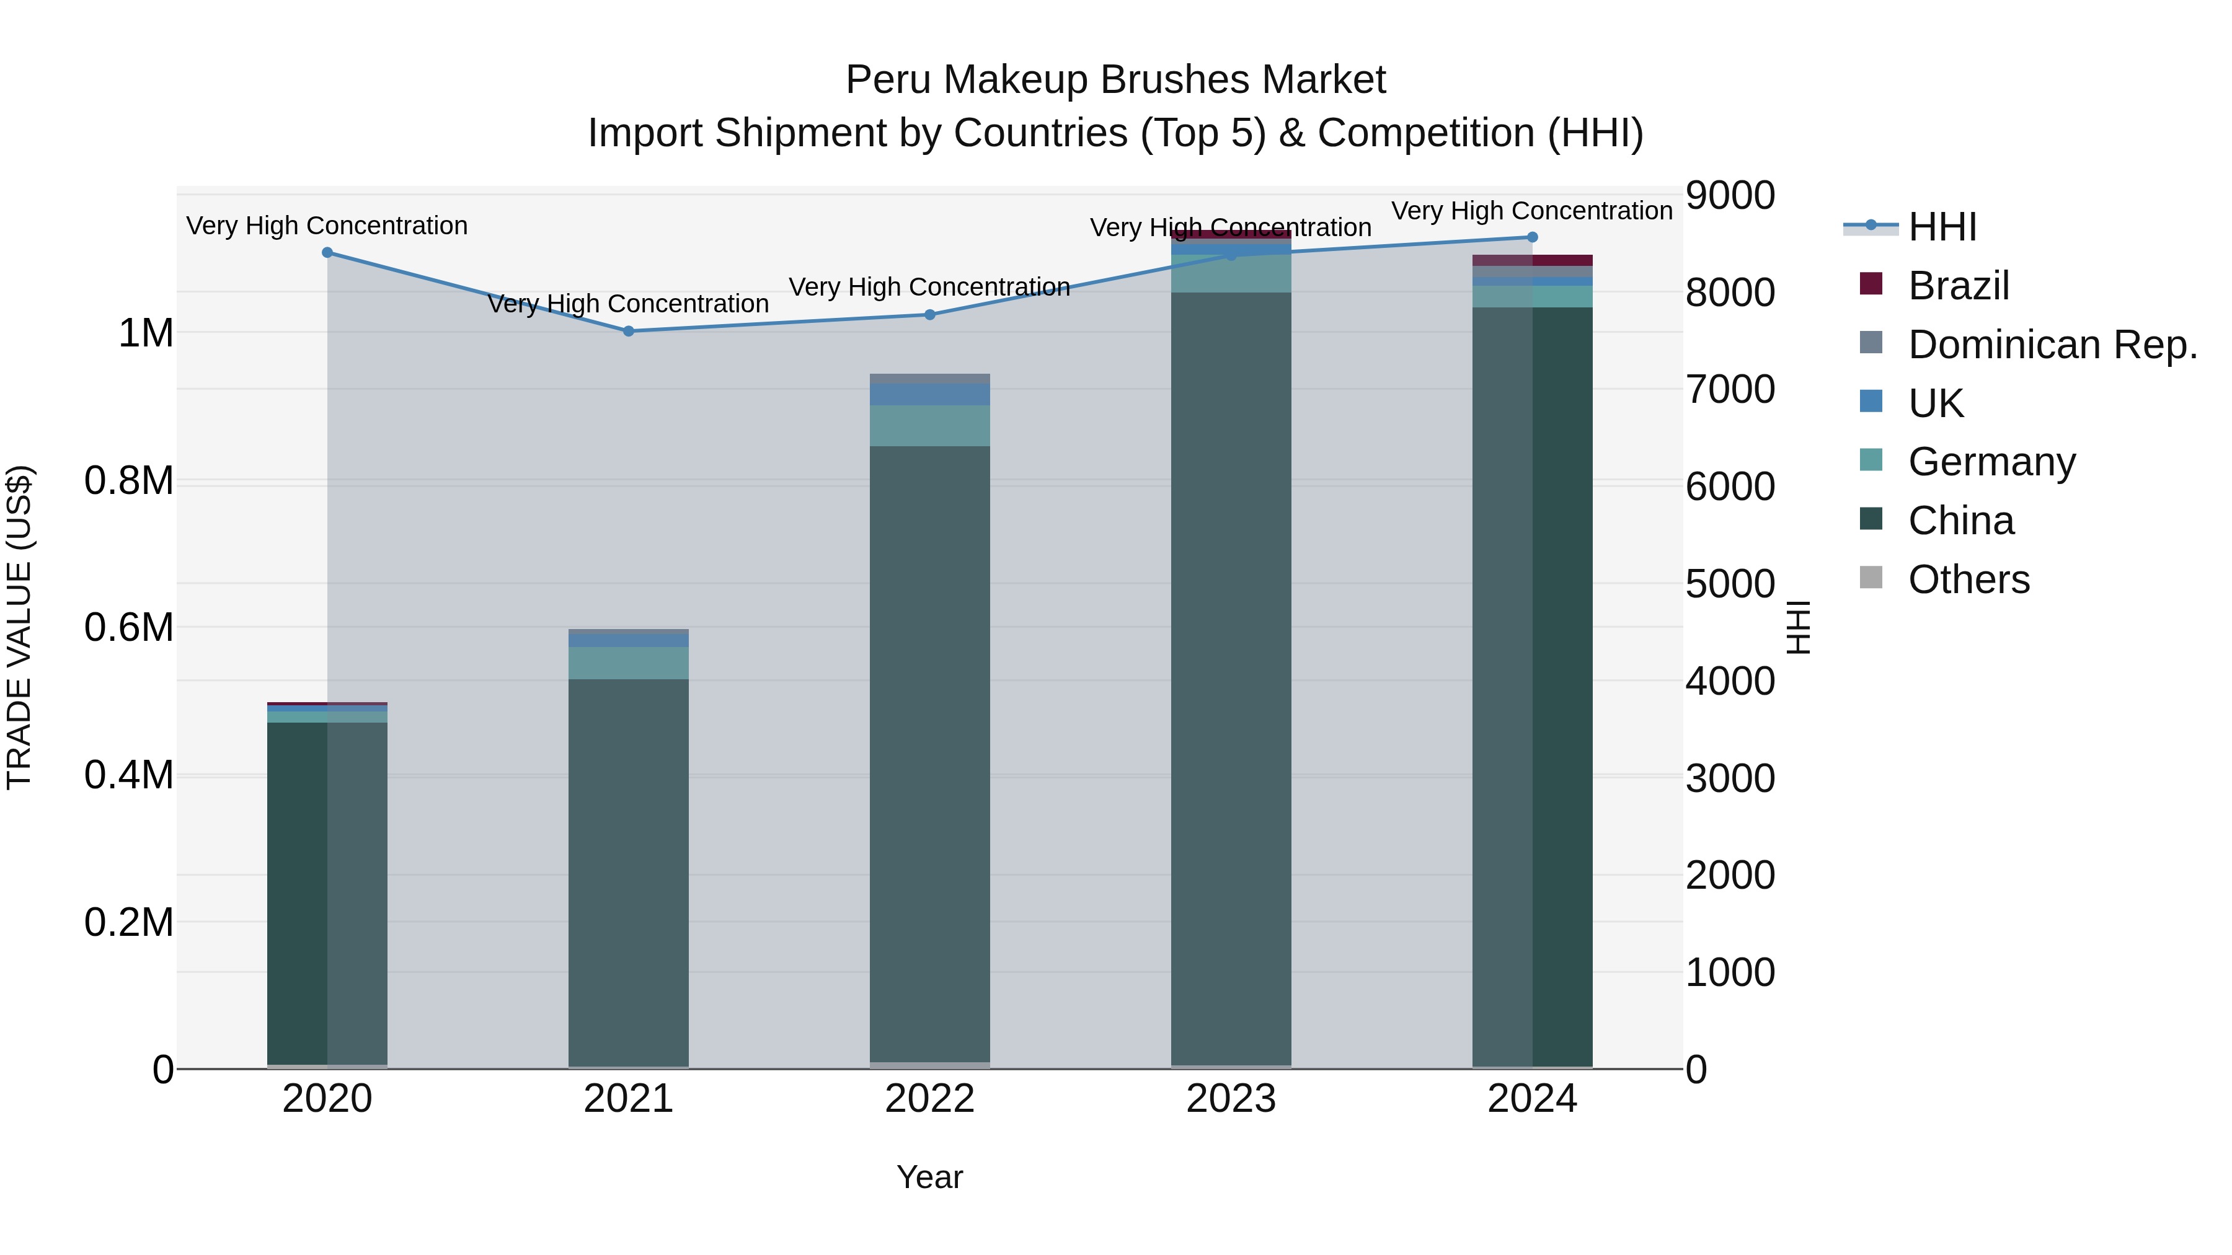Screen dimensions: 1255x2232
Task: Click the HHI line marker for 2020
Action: point(327,253)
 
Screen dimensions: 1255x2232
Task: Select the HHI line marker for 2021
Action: point(628,331)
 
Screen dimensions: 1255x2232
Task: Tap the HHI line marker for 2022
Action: point(930,314)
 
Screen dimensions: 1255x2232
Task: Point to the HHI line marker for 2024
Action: point(1532,237)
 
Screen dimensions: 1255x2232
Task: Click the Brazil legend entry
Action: point(1958,286)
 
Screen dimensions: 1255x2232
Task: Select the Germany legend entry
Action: point(1991,462)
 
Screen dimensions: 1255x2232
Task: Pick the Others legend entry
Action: point(1968,579)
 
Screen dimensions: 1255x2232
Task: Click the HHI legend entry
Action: point(1942,227)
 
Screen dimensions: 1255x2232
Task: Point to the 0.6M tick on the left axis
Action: point(129,627)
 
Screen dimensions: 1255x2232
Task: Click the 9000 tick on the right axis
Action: point(1729,196)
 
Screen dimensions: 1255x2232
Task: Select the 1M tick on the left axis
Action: point(146,333)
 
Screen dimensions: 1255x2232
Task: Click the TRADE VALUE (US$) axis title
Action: point(20,627)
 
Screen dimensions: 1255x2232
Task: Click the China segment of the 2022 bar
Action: point(930,754)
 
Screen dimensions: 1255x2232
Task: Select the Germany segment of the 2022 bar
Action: point(930,425)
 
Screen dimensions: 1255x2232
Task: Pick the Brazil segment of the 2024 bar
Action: point(1532,260)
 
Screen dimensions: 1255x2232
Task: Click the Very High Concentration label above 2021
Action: point(628,304)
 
